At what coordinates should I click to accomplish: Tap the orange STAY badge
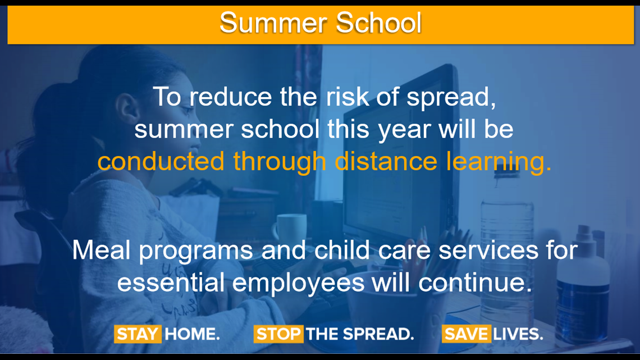click(138, 334)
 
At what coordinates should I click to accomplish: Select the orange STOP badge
click(278, 334)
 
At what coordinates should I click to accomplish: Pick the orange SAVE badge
click(466, 334)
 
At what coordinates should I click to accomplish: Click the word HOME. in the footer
click(192, 334)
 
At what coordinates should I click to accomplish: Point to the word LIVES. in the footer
click(518, 334)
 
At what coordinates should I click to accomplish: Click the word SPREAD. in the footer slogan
click(378, 334)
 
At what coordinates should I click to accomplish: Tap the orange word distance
click(386, 161)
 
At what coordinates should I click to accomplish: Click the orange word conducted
click(161, 161)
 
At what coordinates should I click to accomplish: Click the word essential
click(171, 282)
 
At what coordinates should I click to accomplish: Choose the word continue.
click(476, 282)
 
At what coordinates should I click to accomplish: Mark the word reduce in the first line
click(231, 97)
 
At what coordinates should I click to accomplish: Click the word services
click(488, 250)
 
